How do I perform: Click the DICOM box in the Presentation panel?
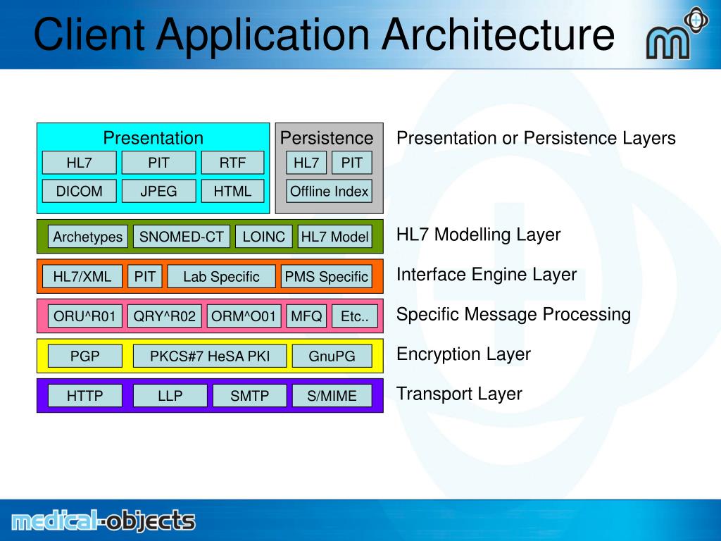pos(79,191)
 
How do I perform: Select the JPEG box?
pos(158,191)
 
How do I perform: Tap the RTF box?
pos(232,163)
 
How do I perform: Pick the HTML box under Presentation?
pos(232,191)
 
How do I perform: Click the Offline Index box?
pos(329,191)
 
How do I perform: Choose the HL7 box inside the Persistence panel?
pos(306,163)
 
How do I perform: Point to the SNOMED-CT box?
pos(181,237)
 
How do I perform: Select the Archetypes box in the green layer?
pos(88,237)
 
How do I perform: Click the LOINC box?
pos(263,237)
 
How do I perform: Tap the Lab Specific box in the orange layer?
pos(221,277)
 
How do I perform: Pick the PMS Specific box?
pos(326,277)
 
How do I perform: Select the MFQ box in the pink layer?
pos(306,316)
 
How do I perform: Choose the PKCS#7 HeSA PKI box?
pos(210,356)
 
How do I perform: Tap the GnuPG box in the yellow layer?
pos(332,356)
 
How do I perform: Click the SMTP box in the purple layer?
pos(249,396)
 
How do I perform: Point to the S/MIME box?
pos(332,396)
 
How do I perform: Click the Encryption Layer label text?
pos(463,354)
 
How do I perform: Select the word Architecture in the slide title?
pos(499,35)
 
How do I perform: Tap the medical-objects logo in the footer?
pos(104,521)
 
